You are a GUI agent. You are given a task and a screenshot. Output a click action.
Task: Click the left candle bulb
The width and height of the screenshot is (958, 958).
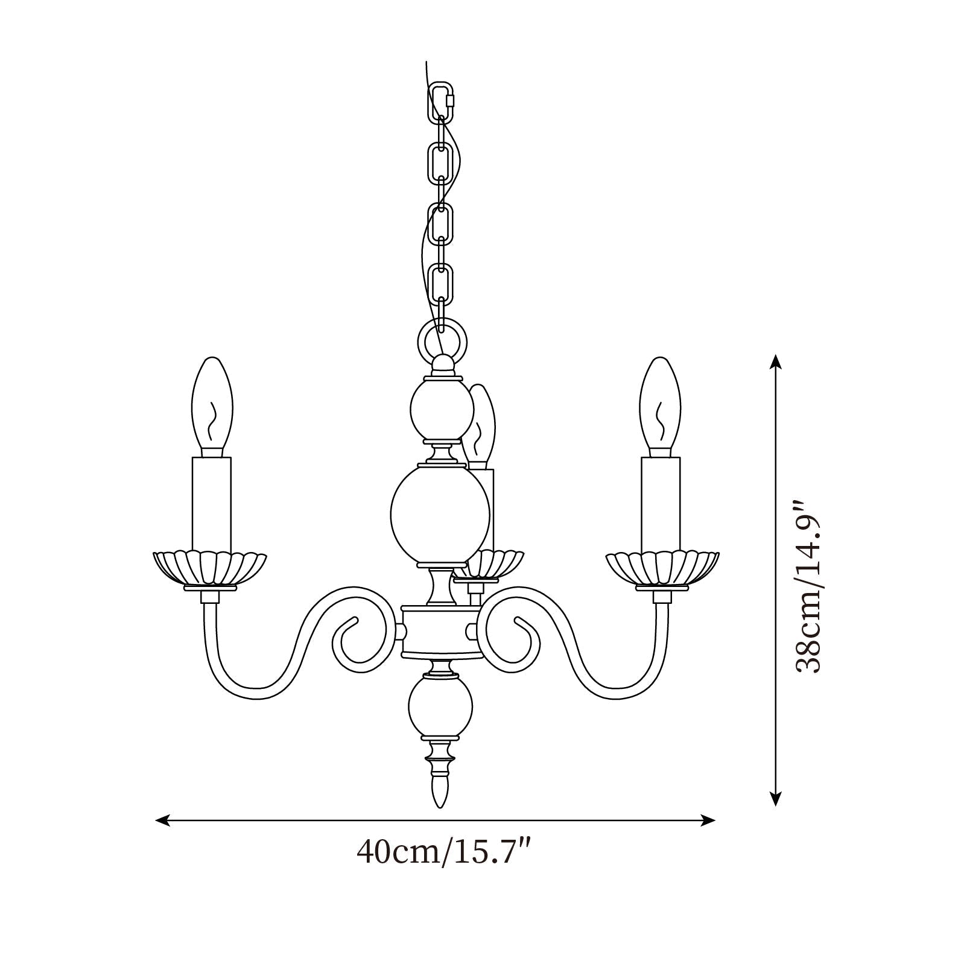(x=212, y=407)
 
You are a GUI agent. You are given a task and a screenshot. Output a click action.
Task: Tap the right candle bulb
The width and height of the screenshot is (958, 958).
(x=661, y=407)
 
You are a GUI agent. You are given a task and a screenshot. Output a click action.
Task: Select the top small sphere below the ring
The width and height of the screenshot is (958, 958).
(x=440, y=412)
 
